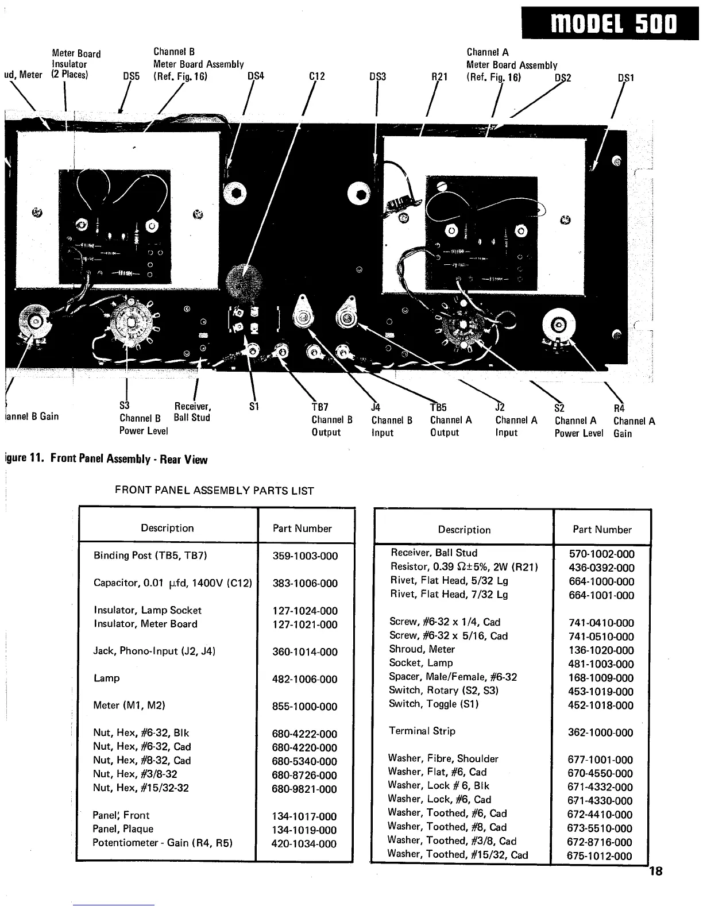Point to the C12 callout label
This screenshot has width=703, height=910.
pyautogui.click(x=317, y=76)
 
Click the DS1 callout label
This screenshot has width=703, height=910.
pyautogui.click(x=625, y=77)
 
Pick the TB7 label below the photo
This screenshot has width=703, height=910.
pyautogui.click(x=319, y=407)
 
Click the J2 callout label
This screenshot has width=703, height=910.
pyautogui.click(x=500, y=407)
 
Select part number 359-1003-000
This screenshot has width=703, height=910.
pyautogui.click(x=305, y=556)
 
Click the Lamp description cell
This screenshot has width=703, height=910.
pyautogui.click(x=107, y=678)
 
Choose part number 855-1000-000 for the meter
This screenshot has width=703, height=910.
pyautogui.click(x=305, y=707)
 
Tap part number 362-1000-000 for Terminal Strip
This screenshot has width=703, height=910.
pyautogui.click(x=600, y=733)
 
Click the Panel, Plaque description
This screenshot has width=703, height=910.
pyautogui.click(x=123, y=829)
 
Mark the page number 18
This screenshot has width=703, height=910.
pyautogui.click(x=655, y=872)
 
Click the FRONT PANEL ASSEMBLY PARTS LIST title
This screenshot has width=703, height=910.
pyautogui.click(x=214, y=491)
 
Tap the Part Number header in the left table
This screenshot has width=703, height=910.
pyautogui.click(x=302, y=529)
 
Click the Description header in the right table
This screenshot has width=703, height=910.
pyautogui.click(x=464, y=530)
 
